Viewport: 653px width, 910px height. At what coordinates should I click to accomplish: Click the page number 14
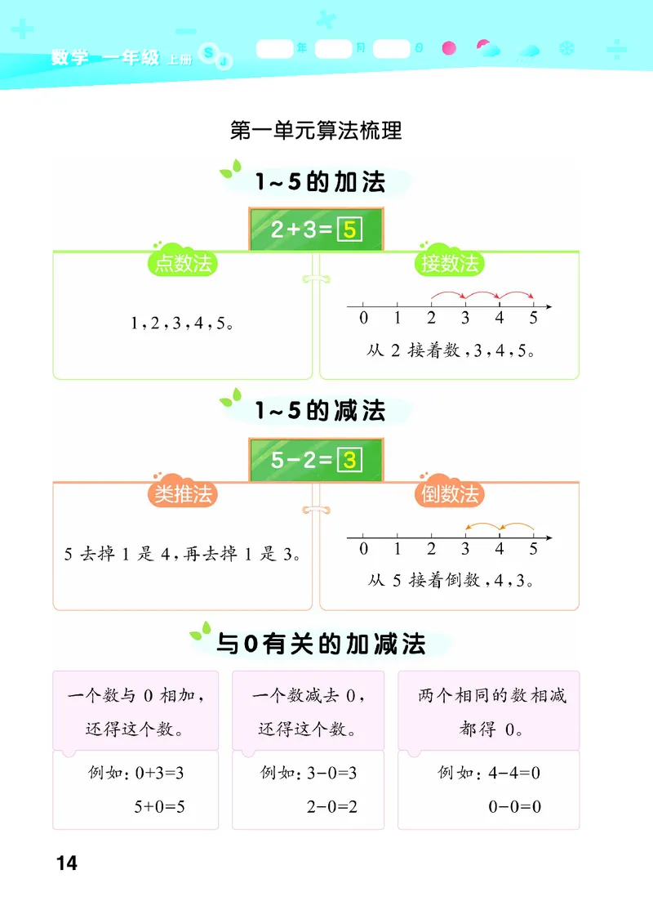coord(67,862)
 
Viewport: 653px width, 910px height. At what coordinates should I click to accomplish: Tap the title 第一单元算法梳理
coord(316,131)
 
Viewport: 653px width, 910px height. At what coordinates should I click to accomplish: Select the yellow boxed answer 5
coord(349,230)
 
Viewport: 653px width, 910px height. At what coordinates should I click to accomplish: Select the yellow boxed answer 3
coord(349,460)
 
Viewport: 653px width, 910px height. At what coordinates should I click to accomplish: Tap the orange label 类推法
coord(184,494)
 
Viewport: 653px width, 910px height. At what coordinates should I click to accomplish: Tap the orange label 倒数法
coord(449,494)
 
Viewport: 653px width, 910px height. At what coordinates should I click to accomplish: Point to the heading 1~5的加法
coord(320,182)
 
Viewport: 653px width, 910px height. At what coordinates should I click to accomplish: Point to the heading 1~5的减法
coord(320,411)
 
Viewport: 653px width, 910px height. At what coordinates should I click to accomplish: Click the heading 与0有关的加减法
coord(321,645)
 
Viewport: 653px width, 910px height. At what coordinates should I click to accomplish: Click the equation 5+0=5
coord(160,807)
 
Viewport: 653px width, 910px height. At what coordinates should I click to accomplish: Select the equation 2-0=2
coord(332,807)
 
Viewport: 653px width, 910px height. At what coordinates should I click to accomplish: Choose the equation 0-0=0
coord(515,807)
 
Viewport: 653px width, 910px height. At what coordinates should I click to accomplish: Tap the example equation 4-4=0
coord(515,772)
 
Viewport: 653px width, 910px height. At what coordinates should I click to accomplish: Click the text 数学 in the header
coord(69,58)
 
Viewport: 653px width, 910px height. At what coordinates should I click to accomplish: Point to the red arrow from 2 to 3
coord(448,293)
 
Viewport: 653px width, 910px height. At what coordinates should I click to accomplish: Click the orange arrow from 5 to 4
coord(517,524)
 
